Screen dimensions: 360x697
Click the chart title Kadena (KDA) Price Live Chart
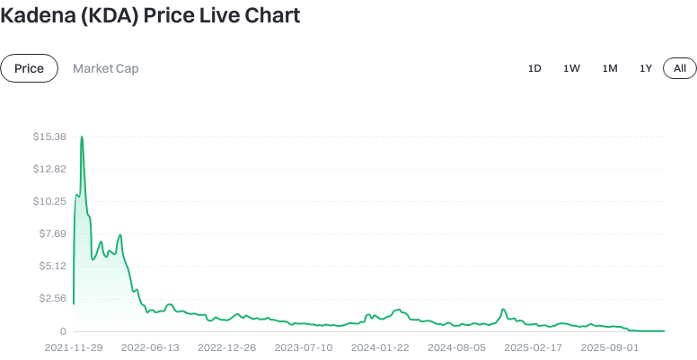click(x=150, y=15)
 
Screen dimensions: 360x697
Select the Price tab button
click(x=29, y=68)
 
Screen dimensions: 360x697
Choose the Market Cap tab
click(x=105, y=68)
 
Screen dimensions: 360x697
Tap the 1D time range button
click(x=534, y=68)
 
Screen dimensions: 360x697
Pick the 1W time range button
click(x=571, y=68)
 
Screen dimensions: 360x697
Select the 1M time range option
click(x=610, y=68)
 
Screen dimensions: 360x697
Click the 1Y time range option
click(x=646, y=68)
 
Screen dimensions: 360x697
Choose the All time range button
click(x=680, y=68)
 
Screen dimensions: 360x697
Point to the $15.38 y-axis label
click(x=49, y=136)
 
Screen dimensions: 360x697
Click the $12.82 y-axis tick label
click(x=49, y=169)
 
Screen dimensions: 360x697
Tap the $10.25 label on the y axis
click(x=49, y=201)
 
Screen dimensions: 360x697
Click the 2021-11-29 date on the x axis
click(x=74, y=347)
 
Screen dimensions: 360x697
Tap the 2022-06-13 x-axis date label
click(x=150, y=347)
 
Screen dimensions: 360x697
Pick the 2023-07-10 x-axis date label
click(x=304, y=347)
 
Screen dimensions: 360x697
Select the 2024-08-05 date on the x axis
click(x=457, y=347)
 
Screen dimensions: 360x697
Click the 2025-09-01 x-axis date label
click(x=610, y=347)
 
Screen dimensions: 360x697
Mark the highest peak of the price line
click(x=82, y=137)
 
